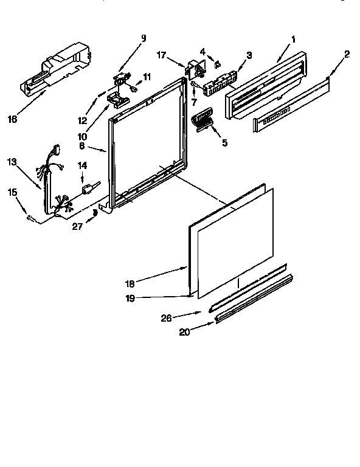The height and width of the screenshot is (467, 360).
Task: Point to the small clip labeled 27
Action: click(94, 212)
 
